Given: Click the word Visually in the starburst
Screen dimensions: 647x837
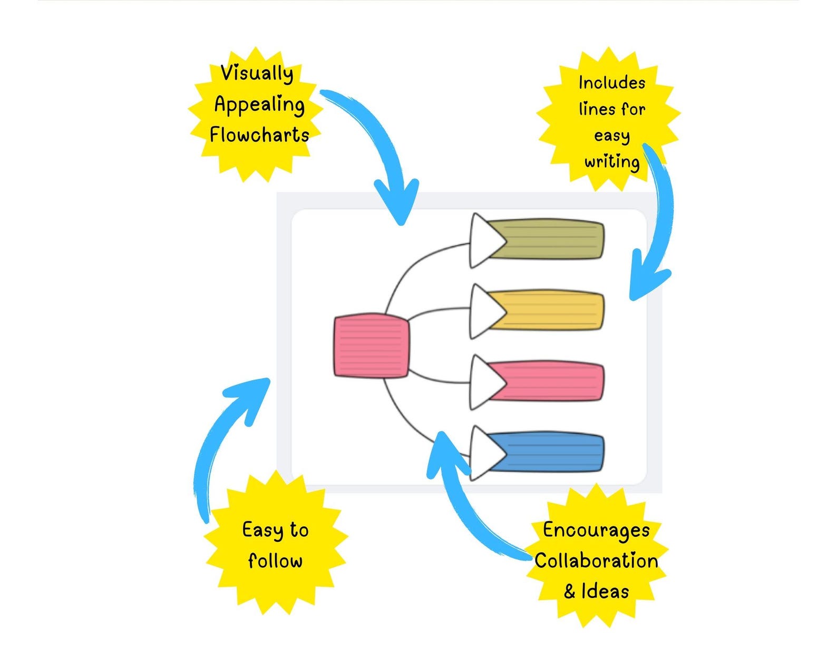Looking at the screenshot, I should [x=257, y=73].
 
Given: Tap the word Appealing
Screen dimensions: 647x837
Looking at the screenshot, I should [x=259, y=104].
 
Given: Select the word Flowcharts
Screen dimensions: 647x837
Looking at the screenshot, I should [x=259, y=135].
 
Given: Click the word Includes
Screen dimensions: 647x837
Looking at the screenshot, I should [x=611, y=83].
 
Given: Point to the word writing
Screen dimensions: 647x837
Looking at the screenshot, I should [x=612, y=162].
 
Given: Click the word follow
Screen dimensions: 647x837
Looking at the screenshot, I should [x=275, y=561].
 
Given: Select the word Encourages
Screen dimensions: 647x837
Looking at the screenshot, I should [x=596, y=530].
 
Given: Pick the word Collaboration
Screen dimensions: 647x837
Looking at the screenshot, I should [x=596, y=561].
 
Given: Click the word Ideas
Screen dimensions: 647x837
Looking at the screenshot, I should [x=605, y=591].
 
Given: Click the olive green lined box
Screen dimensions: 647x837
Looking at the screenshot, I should [x=553, y=240].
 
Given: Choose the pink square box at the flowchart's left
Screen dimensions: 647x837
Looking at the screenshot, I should [x=372, y=345].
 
